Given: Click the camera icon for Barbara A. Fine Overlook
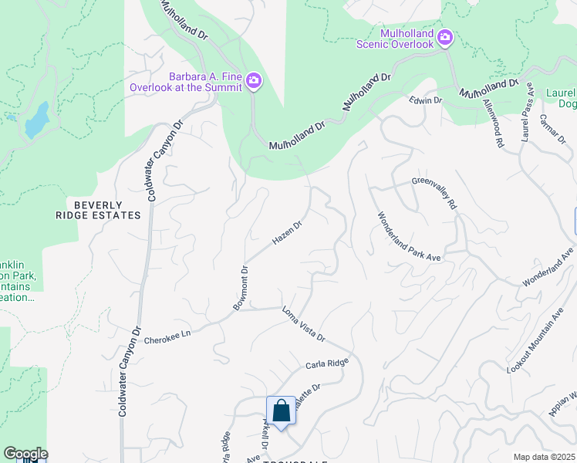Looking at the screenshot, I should [x=255, y=80].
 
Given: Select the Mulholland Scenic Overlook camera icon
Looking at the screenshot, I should [x=445, y=37].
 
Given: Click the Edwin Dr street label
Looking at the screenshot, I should [x=425, y=100].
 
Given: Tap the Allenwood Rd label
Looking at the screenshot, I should [x=493, y=122].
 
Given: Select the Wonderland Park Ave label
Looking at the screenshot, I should [x=407, y=236].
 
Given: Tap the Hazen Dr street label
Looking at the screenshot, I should [x=286, y=234].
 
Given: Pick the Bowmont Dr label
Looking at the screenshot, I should [x=241, y=289].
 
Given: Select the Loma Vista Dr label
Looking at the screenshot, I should [x=304, y=324].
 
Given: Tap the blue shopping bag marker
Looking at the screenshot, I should [x=281, y=411].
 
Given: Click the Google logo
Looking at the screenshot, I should [x=25, y=454].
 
